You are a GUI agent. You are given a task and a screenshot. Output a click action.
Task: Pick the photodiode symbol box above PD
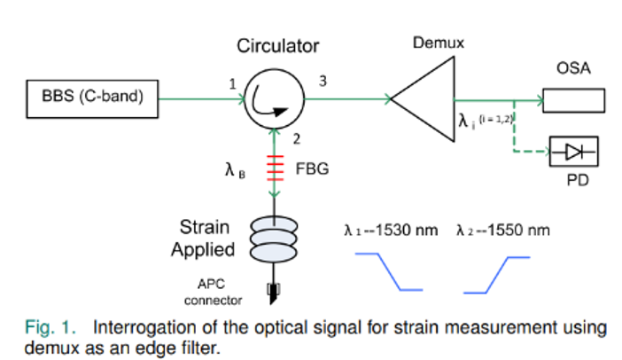coord(573,151)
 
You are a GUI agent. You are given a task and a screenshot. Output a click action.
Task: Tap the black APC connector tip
coord(275,288)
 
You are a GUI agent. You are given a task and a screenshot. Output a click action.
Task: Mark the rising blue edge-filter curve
coord(496,273)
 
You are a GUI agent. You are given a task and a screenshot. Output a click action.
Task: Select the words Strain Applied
coord(204,237)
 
